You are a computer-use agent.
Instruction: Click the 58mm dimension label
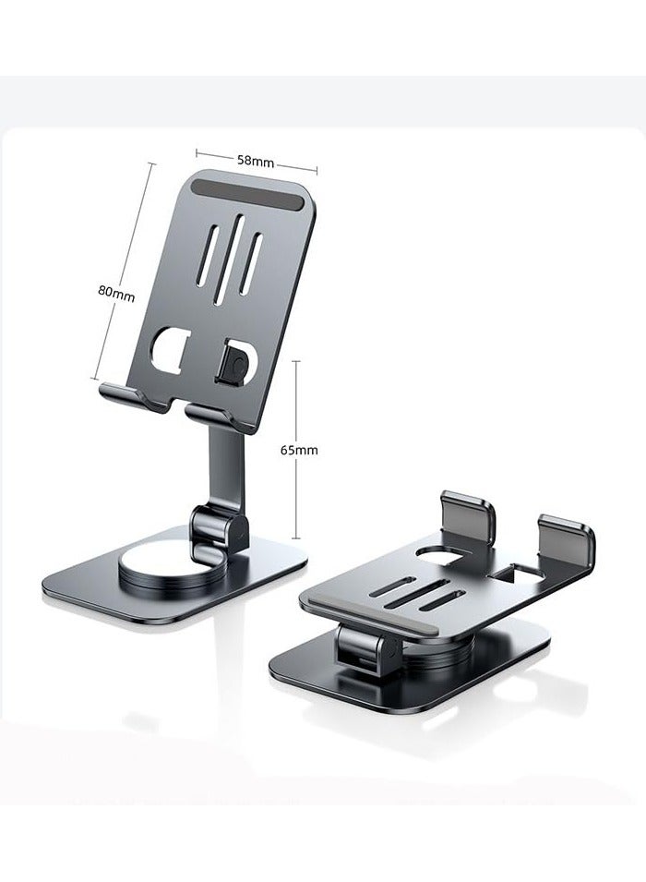pyautogui.click(x=256, y=160)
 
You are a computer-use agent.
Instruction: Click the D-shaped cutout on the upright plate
pyautogui.click(x=172, y=350)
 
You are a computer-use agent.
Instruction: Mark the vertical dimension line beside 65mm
pyautogui.click(x=295, y=450)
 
